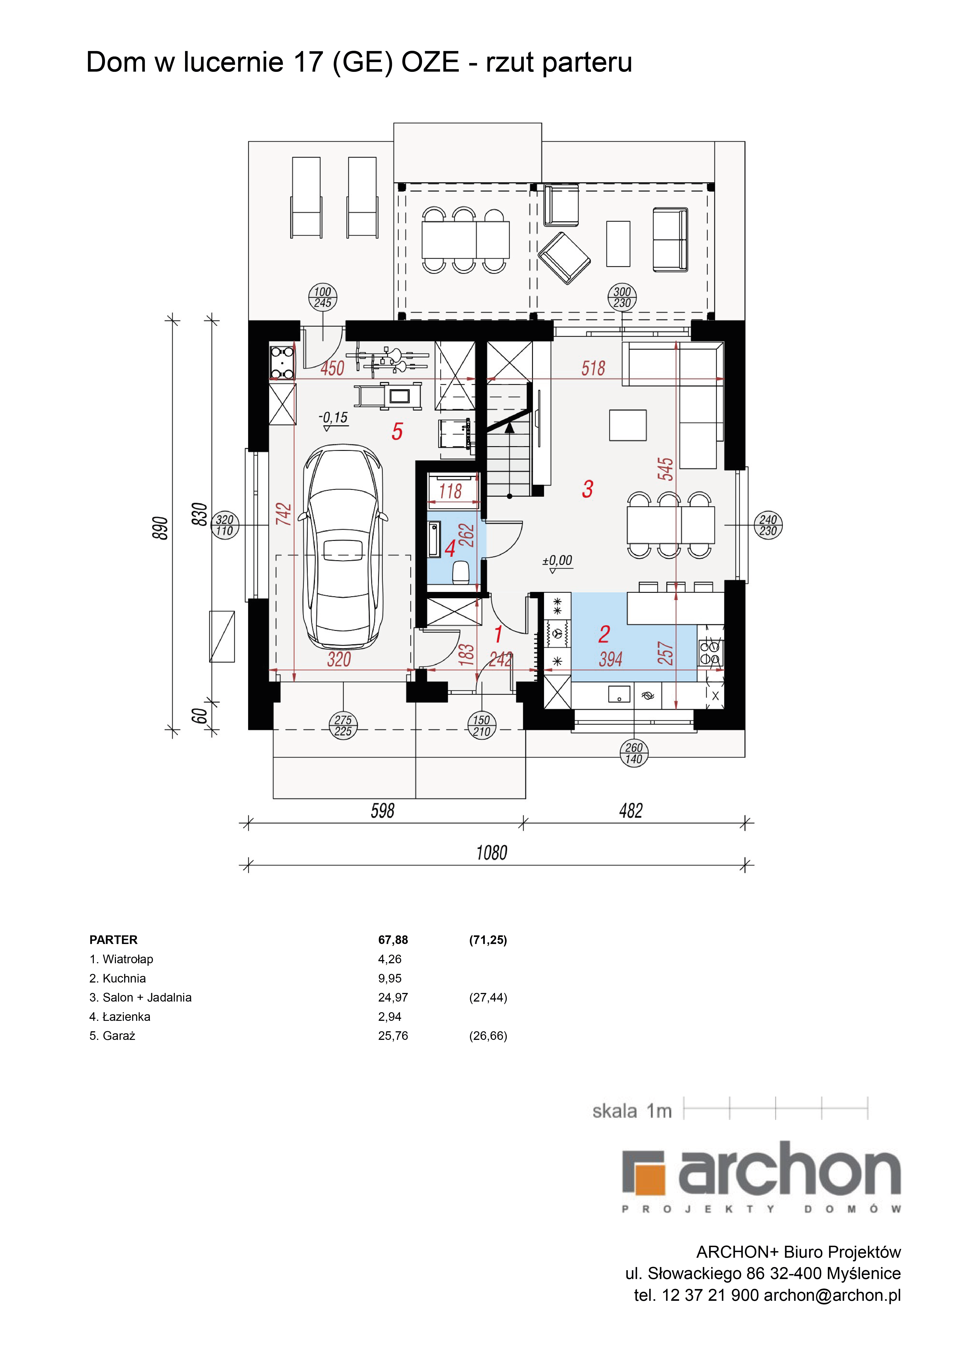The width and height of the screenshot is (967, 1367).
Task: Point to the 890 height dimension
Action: (161, 528)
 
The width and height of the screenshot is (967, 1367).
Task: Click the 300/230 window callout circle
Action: (622, 297)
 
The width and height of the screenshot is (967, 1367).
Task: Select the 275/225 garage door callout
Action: (343, 726)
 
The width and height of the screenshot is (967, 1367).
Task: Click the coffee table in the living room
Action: (628, 425)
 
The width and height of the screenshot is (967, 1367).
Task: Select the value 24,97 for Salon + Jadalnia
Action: (393, 997)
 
